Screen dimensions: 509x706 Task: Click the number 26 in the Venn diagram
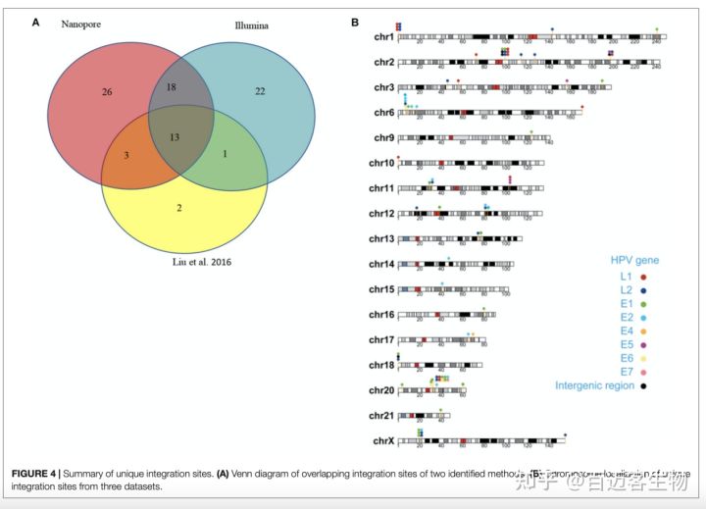(107, 92)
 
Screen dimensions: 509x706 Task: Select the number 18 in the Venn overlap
(171, 87)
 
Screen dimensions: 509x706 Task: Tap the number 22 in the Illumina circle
(260, 91)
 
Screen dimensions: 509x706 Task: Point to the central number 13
(175, 136)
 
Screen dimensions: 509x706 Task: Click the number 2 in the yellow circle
(178, 208)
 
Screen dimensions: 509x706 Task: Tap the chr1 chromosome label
(381, 38)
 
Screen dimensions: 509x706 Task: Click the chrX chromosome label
(381, 441)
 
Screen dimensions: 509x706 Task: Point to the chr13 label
(381, 238)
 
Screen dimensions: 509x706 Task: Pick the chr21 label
(381, 416)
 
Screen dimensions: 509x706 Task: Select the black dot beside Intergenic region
(643, 385)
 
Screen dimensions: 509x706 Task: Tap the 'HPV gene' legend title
(634, 260)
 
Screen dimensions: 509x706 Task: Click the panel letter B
(354, 22)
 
